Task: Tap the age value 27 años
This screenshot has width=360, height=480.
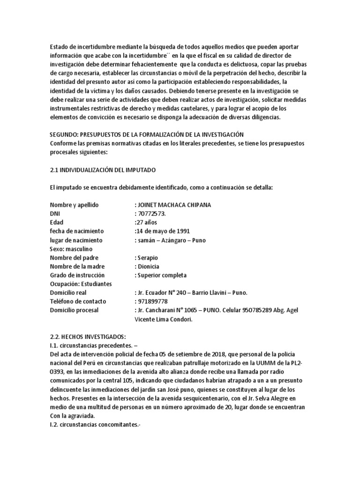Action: (147, 222)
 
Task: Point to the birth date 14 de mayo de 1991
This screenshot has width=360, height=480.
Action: (162, 231)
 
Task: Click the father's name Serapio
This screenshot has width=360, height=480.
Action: (147, 257)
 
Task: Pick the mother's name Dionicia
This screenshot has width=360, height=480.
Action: (149, 266)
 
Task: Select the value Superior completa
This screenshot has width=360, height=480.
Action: (162, 275)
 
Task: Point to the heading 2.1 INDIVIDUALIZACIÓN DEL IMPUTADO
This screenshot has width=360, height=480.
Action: (103, 170)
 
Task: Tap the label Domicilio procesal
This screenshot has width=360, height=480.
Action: (78, 310)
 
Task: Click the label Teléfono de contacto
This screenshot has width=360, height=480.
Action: (78, 301)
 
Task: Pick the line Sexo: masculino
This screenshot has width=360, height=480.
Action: (74, 248)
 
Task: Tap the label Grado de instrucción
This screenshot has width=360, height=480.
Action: (77, 275)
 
